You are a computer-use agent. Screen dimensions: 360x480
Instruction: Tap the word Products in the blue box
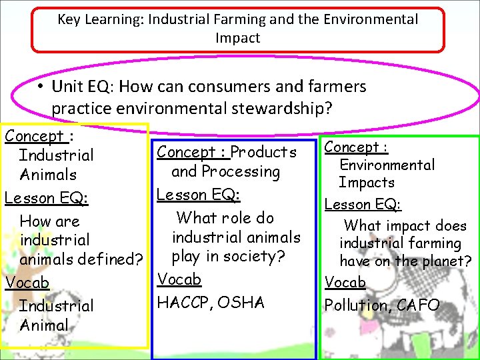point(263,152)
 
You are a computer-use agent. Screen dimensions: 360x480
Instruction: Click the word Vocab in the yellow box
point(27,283)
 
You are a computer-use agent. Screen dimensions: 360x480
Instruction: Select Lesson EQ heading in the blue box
point(189,195)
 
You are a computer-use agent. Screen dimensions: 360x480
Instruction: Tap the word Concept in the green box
point(347,147)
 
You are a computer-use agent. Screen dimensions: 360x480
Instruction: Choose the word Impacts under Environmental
point(366,183)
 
